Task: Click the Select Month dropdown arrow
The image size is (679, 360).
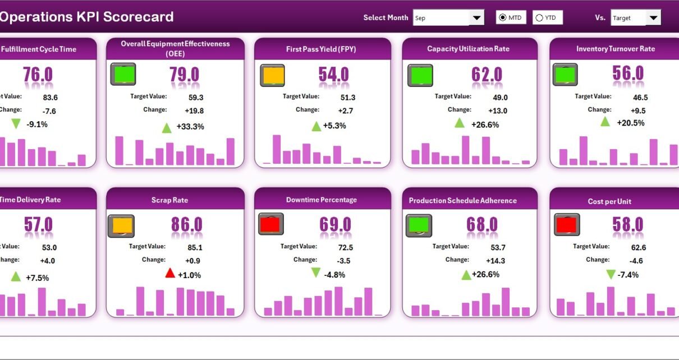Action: point(476,18)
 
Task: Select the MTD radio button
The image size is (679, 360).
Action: point(503,18)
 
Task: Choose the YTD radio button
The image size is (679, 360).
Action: point(539,18)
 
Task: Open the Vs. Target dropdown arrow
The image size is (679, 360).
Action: point(653,18)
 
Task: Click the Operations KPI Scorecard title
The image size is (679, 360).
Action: point(86,17)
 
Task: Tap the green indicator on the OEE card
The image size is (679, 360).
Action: point(123,75)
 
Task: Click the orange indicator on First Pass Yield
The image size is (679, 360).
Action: point(272,75)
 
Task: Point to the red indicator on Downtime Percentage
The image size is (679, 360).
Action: point(271,224)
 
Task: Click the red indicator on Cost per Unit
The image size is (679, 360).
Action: point(567,225)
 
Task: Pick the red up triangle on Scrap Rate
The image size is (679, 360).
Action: point(170,273)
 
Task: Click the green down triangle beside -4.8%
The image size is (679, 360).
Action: point(316,273)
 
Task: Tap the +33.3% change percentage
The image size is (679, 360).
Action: point(190,127)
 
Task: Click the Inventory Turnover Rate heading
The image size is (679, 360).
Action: point(615,49)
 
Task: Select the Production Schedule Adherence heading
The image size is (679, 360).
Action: point(462,200)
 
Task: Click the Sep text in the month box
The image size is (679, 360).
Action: point(420,18)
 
